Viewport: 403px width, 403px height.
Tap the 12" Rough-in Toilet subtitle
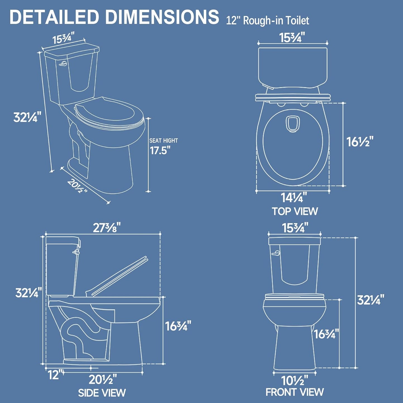tap(267, 21)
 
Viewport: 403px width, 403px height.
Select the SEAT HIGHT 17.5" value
tap(160, 151)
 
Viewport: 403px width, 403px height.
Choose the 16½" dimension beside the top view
tap(359, 142)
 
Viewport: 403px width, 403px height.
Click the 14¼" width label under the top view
tap(294, 198)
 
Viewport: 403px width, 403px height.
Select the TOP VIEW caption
tap(295, 211)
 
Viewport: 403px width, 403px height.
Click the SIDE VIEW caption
tap(102, 393)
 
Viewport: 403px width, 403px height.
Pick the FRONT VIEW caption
tap(295, 392)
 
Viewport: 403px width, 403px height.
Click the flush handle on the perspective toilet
tap(63, 64)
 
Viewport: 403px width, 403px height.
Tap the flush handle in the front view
tap(276, 253)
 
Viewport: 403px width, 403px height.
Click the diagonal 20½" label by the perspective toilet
tap(77, 186)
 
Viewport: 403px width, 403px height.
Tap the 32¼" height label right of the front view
tap(370, 300)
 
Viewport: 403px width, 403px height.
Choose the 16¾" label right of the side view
tap(178, 326)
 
